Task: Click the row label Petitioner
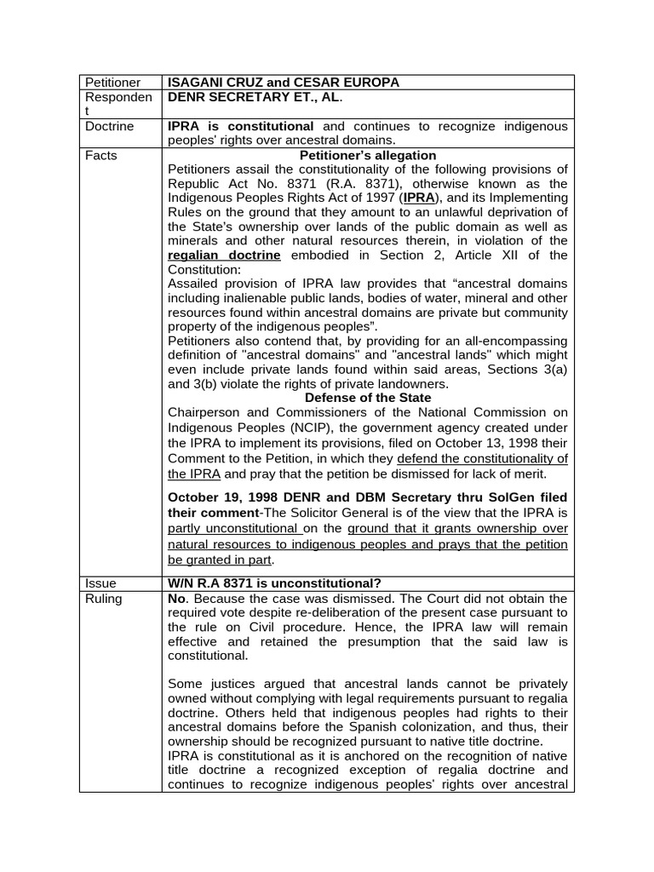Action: click(x=112, y=83)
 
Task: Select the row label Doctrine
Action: click(x=110, y=126)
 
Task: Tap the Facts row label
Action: click(x=101, y=155)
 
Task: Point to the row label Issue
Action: click(x=100, y=583)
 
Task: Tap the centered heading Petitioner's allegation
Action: click(x=368, y=155)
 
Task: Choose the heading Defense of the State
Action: click(x=368, y=398)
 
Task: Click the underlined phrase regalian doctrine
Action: click(x=225, y=255)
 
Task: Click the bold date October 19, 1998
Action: click(x=222, y=496)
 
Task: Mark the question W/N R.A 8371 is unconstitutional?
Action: click(x=275, y=583)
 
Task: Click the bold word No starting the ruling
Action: click(x=177, y=599)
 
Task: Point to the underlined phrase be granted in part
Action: click(x=221, y=560)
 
